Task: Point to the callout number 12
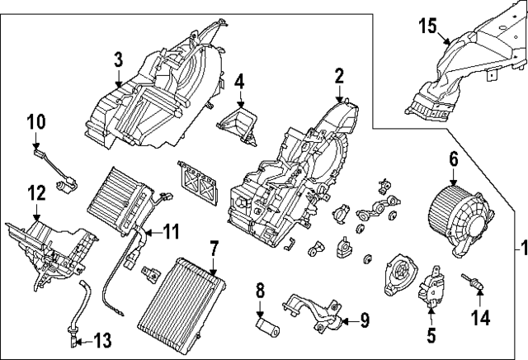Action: tap(35, 194)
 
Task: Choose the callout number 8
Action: tap(260, 290)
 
